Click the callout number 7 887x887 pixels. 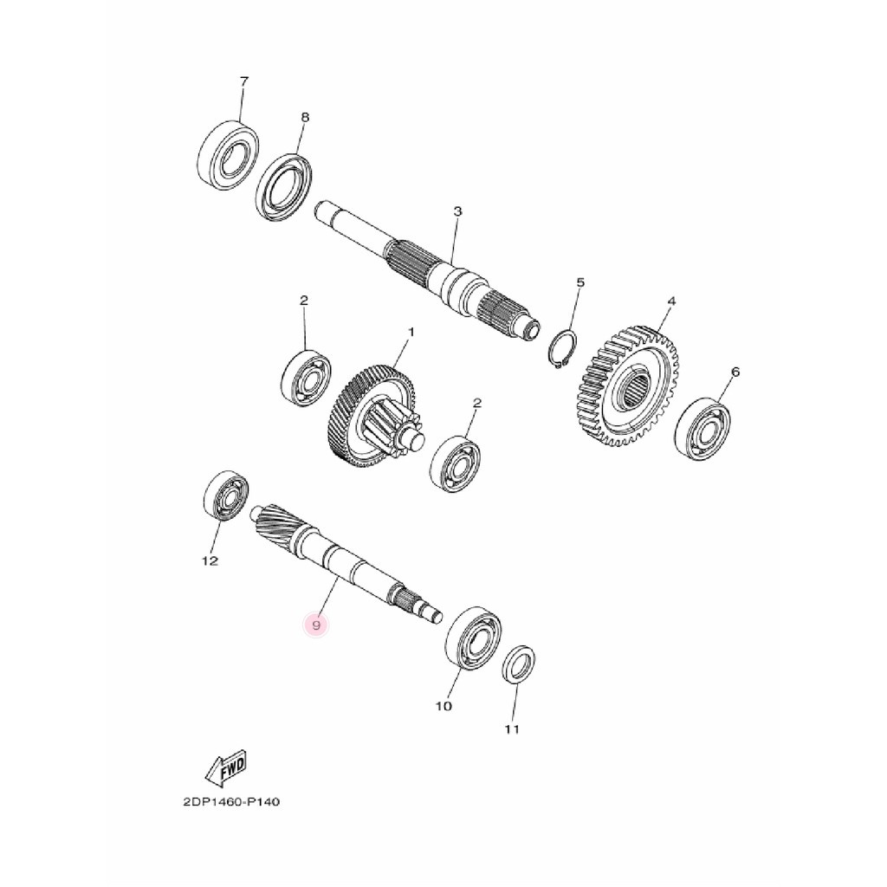click(243, 81)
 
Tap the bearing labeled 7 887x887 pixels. click(230, 156)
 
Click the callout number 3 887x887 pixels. click(457, 211)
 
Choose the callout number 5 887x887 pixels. click(580, 282)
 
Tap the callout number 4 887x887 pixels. click(670, 301)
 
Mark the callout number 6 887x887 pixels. click(735, 372)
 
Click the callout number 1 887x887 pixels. click(411, 332)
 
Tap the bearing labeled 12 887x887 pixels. click(225, 498)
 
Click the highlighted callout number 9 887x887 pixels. click(318, 625)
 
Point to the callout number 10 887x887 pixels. click(443, 707)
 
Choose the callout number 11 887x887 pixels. click(512, 729)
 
